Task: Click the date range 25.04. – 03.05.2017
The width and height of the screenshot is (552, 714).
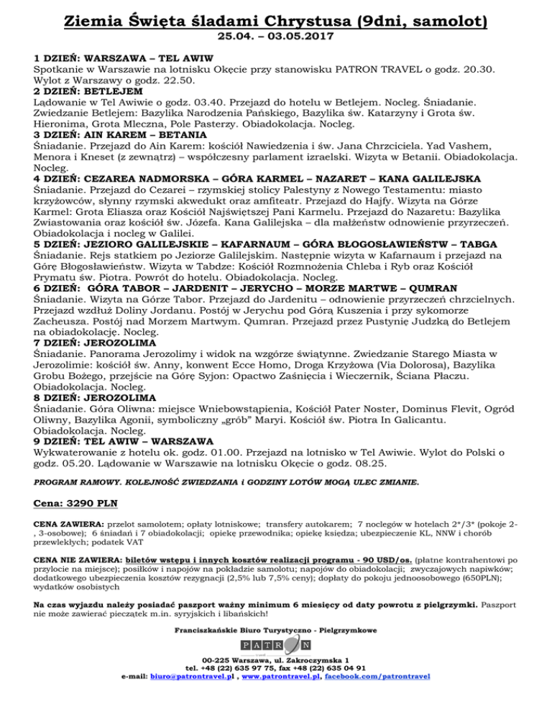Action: pos(275,34)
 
